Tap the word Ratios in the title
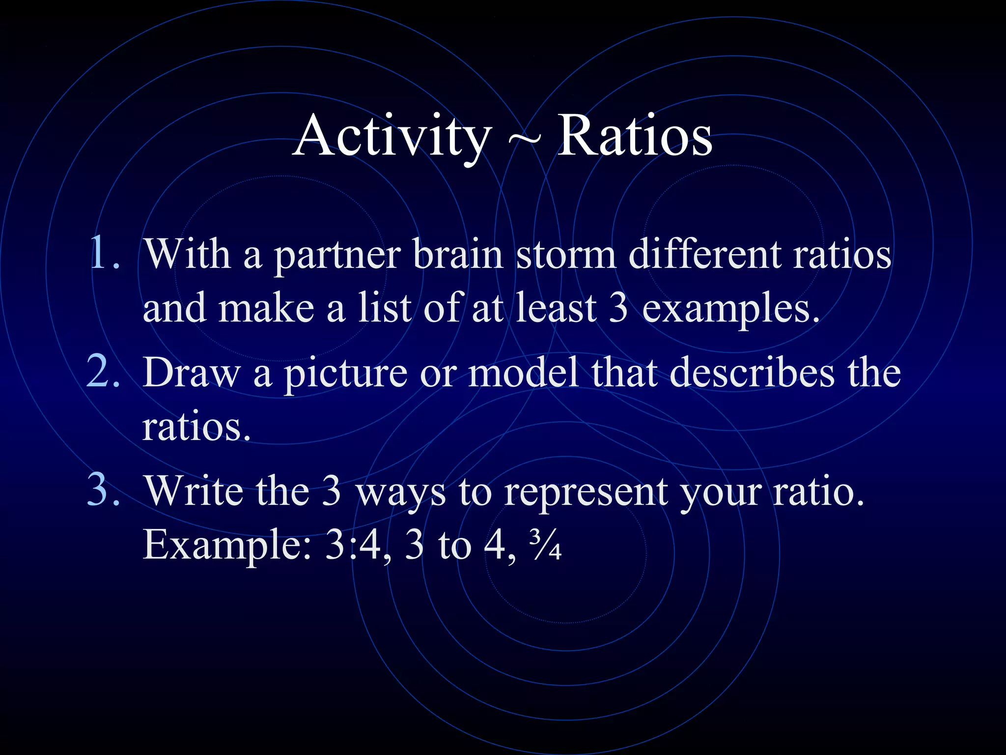coord(634,135)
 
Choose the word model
coord(523,372)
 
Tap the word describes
coord(752,372)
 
